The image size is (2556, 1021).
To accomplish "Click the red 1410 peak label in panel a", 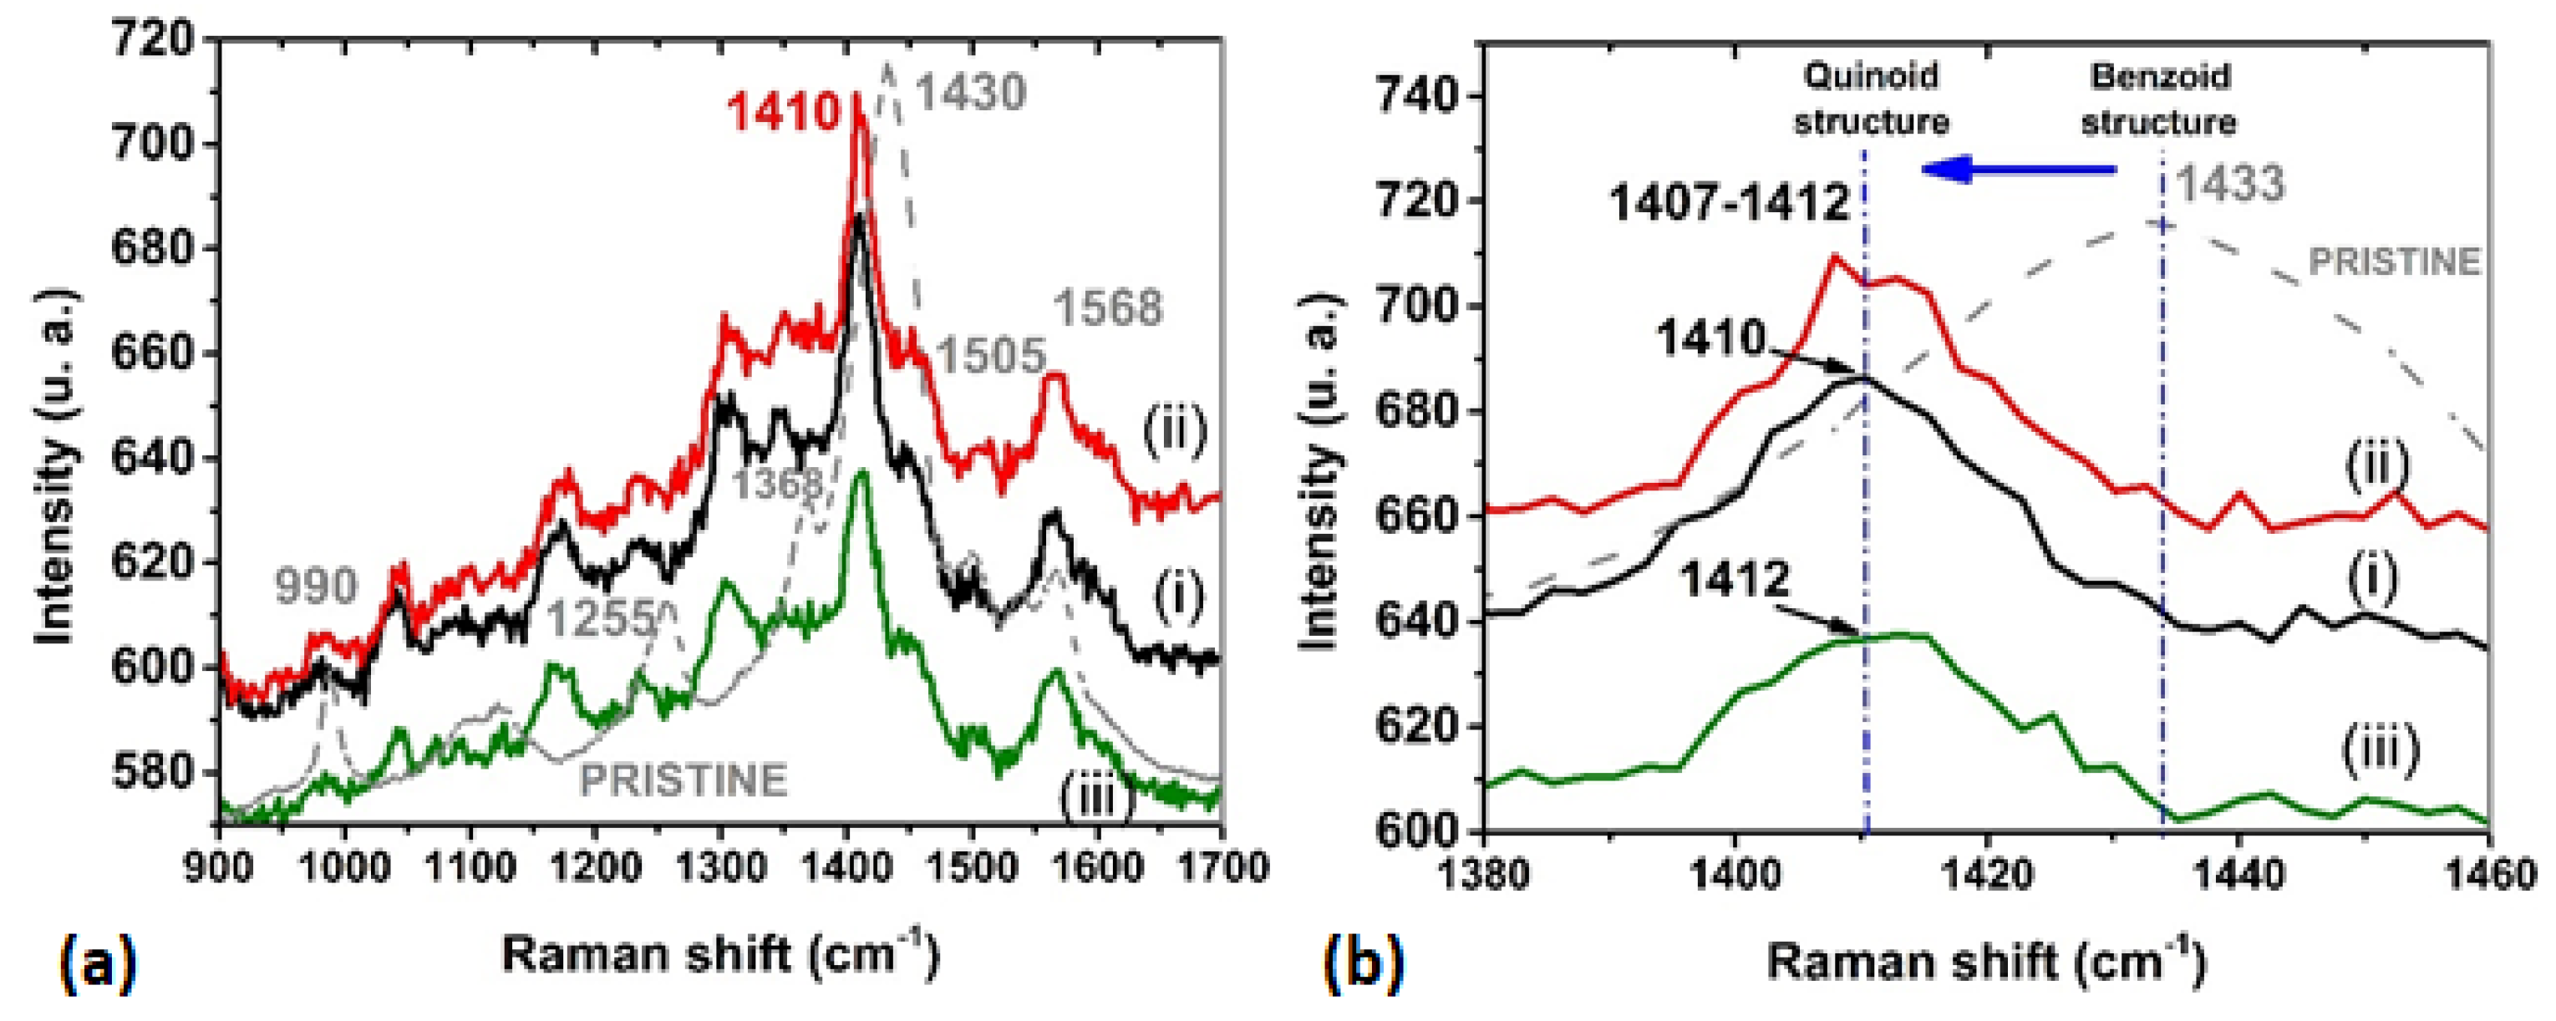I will point(784,111).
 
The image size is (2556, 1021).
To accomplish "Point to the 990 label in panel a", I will point(316,587).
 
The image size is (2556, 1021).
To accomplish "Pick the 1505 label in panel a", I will point(990,355).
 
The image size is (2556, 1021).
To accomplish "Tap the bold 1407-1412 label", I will point(1729,203).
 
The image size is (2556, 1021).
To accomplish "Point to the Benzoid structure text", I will point(2159,99).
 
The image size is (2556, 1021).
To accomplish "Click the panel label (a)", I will point(96,963).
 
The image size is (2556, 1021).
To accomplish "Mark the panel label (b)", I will point(1364,963).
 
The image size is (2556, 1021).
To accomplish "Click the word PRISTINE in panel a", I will point(683,779).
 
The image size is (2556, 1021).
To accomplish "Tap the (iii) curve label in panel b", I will point(2381,751).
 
